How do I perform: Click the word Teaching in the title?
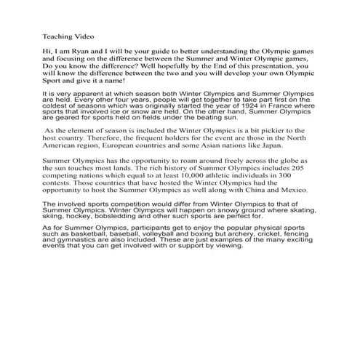(56, 34)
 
